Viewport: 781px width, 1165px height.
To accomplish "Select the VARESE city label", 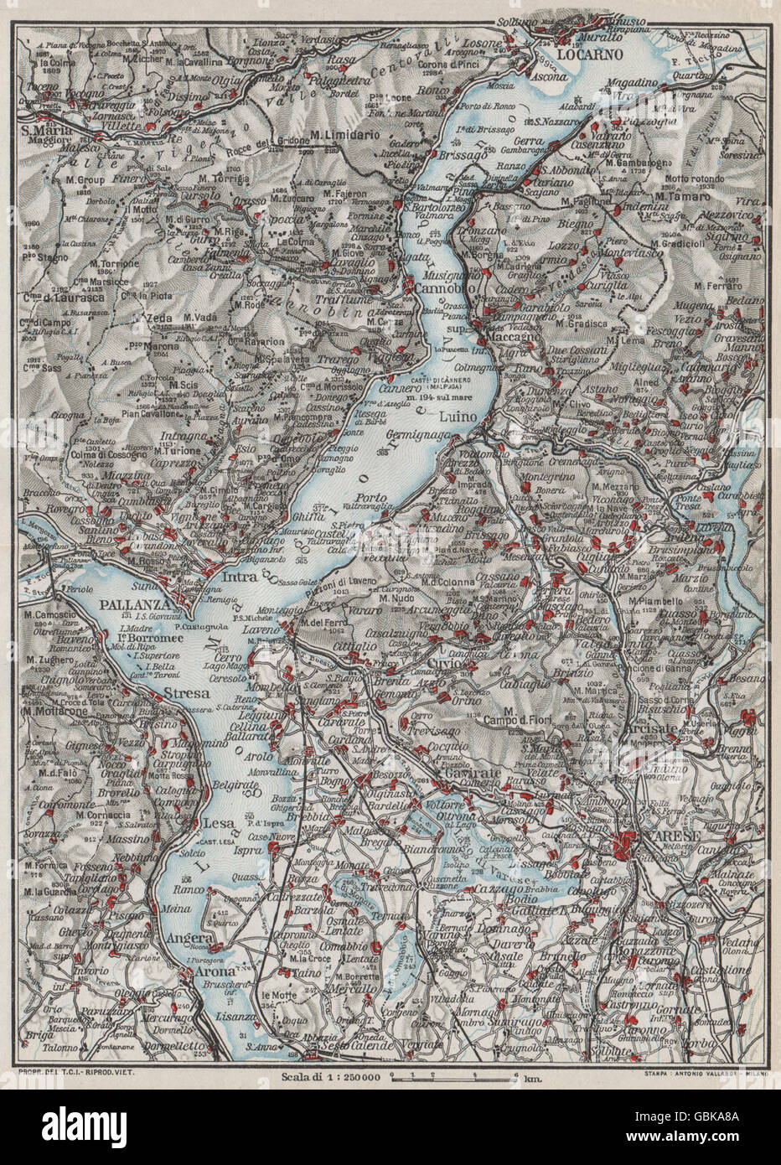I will coord(651,824).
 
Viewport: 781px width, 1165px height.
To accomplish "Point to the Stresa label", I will coord(187,693).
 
